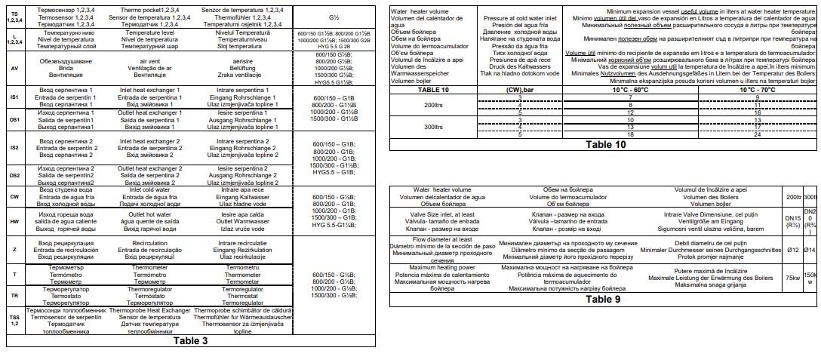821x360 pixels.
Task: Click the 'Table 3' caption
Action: pos(190,340)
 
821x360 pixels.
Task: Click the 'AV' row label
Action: pos(14,68)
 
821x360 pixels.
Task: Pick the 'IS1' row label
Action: pos(14,97)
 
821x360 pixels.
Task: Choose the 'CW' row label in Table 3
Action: pos(14,196)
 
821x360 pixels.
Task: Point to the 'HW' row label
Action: pos(14,222)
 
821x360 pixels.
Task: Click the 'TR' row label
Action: pos(14,295)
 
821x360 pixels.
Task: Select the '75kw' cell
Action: pos(792,278)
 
